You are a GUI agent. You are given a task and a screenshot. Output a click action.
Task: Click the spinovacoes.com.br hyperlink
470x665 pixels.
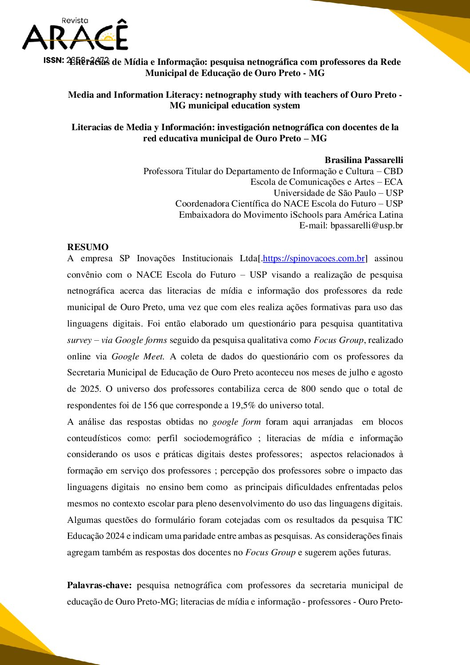(314, 259)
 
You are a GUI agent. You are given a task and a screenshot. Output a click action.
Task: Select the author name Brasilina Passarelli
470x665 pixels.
(364, 160)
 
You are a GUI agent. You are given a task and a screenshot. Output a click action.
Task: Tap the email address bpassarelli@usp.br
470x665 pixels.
(366, 225)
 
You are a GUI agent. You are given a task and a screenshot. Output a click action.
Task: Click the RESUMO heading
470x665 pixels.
(88, 247)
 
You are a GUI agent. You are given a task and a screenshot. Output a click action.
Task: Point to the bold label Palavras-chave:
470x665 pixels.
(99, 585)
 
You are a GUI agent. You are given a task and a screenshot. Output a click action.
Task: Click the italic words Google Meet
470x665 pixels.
(137, 357)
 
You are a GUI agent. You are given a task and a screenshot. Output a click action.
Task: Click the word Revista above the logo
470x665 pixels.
(75, 20)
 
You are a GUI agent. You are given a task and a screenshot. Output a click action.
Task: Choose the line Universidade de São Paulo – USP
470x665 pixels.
(338, 193)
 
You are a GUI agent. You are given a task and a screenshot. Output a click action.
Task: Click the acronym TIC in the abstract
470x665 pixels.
(394, 520)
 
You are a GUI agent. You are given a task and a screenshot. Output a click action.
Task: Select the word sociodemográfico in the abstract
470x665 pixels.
(218, 438)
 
